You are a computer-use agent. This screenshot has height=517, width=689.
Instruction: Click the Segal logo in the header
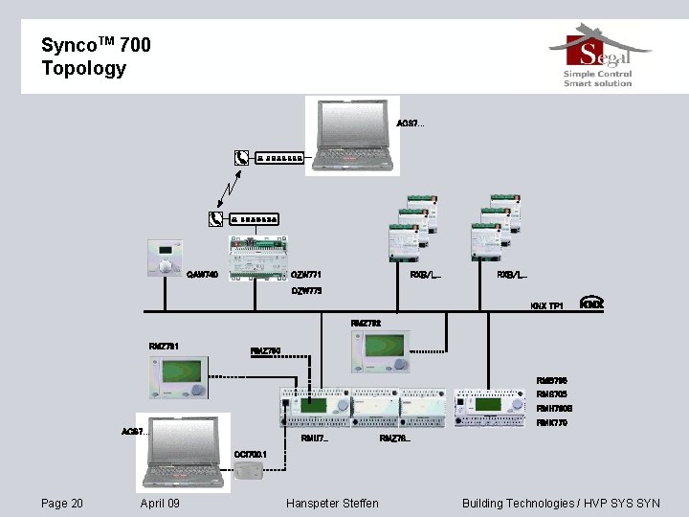click(599, 59)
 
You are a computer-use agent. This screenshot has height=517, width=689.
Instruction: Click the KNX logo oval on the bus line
click(592, 303)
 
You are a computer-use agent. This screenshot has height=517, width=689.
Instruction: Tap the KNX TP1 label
click(547, 306)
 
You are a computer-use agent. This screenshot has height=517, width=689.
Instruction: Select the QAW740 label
click(202, 275)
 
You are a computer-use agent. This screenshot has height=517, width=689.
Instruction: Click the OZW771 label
click(306, 275)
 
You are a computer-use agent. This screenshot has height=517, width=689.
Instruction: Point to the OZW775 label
click(306, 291)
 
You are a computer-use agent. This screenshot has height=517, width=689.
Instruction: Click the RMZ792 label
click(366, 324)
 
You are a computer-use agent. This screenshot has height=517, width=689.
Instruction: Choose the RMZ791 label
click(164, 346)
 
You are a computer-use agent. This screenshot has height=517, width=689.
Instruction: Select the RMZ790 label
click(266, 351)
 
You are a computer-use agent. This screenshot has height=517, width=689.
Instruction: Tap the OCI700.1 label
click(251, 455)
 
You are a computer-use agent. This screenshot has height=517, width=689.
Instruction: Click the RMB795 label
click(552, 381)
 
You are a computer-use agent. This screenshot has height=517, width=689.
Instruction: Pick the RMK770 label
click(552, 422)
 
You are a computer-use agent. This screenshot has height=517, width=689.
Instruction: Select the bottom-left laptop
click(184, 451)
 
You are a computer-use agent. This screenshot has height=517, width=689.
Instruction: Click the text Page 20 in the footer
click(62, 504)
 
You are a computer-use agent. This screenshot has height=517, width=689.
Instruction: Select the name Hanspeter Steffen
click(332, 504)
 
